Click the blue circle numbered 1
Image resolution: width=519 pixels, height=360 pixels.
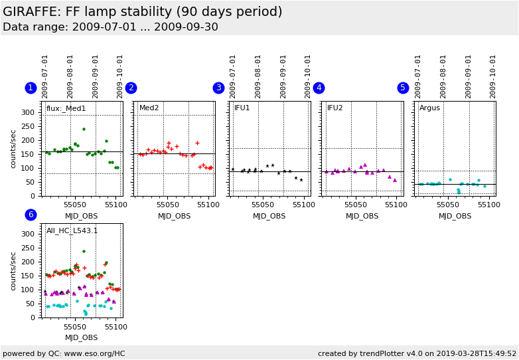tap(31, 88)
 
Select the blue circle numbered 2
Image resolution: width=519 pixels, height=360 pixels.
tap(131, 88)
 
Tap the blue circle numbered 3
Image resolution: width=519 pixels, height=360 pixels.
tap(218, 88)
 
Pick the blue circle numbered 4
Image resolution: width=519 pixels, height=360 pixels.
tap(319, 88)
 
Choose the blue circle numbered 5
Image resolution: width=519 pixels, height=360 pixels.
tap(403, 88)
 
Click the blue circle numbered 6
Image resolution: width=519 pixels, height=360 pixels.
tap(31, 215)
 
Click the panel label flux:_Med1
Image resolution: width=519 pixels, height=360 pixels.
tap(66, 108)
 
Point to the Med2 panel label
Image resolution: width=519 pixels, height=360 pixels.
tap(149, 108)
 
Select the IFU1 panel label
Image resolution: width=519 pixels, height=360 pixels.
tap(242, 108)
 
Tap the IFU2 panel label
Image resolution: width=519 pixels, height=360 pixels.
tap(335, 108)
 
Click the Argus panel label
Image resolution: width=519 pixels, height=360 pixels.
tap(429, 108)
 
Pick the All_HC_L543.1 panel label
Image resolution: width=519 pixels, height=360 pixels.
tap(72, 230)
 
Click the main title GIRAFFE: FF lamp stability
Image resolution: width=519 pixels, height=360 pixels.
tap(142, 12)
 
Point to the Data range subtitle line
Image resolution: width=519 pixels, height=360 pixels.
tap(110, 27)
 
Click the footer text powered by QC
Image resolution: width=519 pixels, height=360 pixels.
tap(64, 353)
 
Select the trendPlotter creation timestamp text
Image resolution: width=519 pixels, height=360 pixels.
tap(417, 353)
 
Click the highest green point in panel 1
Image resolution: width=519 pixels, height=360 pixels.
tap(84, 129)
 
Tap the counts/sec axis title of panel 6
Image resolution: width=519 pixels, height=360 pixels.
tap(13, 270)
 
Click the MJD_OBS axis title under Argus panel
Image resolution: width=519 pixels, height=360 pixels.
tap(455, 216)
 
